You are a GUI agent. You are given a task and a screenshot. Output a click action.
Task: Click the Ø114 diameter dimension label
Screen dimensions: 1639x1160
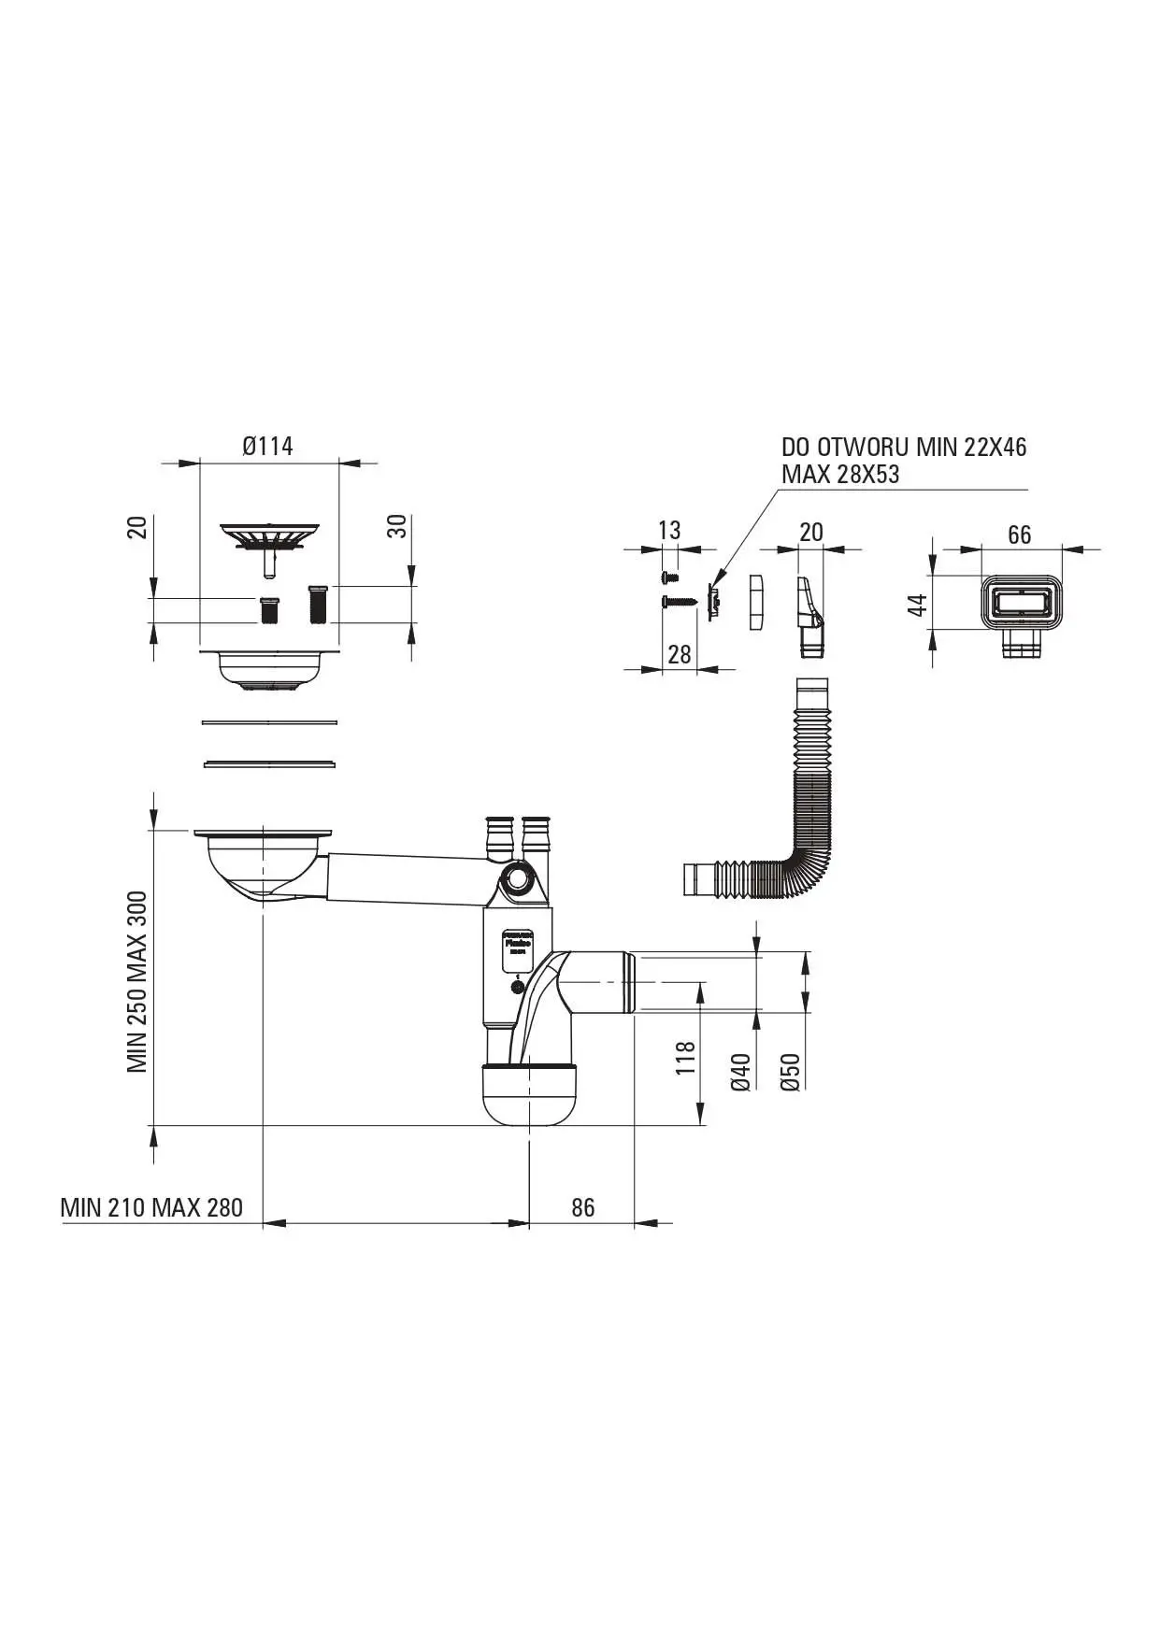pos(268,447)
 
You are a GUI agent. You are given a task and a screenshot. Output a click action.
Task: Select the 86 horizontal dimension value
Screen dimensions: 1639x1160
pos(582,1207)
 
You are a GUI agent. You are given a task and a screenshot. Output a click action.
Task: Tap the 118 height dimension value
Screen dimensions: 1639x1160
pos(686,1057)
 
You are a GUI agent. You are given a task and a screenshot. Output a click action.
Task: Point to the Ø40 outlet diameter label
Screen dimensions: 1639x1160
pos(740,1072)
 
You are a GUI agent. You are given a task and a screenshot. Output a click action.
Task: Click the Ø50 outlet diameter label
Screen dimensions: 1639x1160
pos(790,1072)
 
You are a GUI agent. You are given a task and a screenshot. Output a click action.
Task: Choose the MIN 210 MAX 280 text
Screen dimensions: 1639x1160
pos(151,1207)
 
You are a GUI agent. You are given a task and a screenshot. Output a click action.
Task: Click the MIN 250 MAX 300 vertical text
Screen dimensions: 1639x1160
pos(138,981)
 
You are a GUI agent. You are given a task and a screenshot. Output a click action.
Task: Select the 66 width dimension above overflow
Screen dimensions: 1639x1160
pos(1019,534)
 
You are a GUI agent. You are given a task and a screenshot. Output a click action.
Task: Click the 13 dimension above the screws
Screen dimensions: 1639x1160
pos(669,530)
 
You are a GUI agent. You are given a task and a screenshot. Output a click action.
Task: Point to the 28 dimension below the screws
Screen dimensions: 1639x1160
pos(680,654)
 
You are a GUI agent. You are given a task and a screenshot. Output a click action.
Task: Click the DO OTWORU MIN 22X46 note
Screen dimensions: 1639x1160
pos(904,448)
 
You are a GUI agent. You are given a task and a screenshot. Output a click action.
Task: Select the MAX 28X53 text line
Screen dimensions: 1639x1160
pos(840,474)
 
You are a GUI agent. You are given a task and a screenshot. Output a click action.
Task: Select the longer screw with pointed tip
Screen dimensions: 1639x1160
pos(680,601)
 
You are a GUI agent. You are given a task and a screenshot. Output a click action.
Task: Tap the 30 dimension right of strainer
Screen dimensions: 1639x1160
pos(399,526)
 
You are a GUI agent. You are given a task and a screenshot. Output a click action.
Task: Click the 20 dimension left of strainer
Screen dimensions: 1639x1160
pos(138,528)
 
